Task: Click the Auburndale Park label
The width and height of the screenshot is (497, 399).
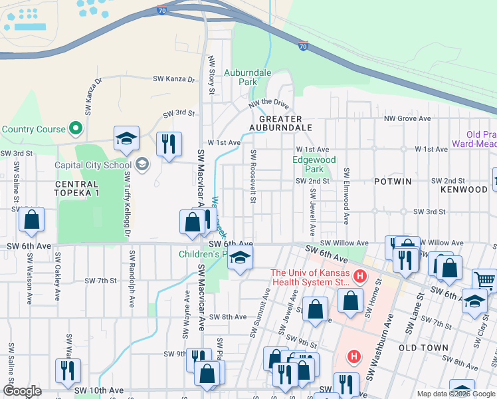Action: pyautogui.click(x=240, y=77)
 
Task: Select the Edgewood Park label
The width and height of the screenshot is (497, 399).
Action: pyautogui.click(x=314, y=164)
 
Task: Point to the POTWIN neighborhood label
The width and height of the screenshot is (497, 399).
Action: pyautogui.click(x=393, y=181)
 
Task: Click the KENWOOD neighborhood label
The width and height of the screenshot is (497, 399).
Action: pyautogui.click(x=464, y=190)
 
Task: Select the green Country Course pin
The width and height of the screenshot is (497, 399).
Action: pyautogui.click(x=76, y=129)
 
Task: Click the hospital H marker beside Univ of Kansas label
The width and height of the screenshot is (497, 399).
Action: pyautogui.click(x=360, y=275)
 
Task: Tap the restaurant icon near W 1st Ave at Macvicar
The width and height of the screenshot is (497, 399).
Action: pyautogui.click(x=169, y=142)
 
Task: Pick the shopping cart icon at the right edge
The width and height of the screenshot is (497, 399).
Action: pyautogui.click(x=485, y=280)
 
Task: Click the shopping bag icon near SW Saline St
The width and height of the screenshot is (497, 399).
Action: pyautogui.click(x=31, y=219)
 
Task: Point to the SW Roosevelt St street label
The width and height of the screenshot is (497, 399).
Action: pyautogui.click(x=253, y=177)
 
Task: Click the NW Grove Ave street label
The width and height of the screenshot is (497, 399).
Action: pyautogui.click(x=413, y=119)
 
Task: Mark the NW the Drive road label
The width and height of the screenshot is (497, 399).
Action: pyautogui.click(x=269, y=104)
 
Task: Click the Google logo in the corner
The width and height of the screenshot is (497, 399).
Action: pyautogui.click(x=23, y=391)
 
